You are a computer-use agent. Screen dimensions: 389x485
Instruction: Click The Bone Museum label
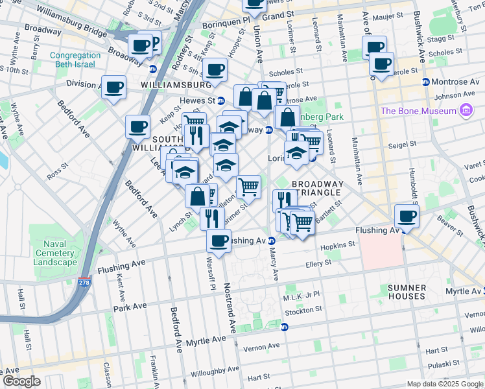pyautogui.click(x=418, y=111)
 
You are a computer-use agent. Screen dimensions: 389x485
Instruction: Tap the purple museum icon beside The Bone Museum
pyautogui.click(x=465, y=111)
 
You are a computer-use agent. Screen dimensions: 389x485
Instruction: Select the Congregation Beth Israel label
pyautogui.click(x=75, y=60)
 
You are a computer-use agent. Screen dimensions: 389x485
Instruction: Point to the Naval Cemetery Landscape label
pyautogui.click(x=54, y=253)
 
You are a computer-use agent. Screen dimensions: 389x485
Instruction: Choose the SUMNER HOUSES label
pyautogui.click(x=406, y=292)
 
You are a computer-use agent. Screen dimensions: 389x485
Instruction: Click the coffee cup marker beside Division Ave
pyautogui.click(x=114, y=87)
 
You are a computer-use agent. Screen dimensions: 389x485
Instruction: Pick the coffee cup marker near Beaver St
pyautogui.click(x=407, y=216)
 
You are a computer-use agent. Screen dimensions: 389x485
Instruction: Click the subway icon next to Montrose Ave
pyautogui.click(x=426, y=82)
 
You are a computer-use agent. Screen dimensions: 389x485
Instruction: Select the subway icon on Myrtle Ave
pyautogui.click(x=284, y=327)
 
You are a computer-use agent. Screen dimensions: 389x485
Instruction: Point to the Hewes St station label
pyautogui.click(x=197, y=100)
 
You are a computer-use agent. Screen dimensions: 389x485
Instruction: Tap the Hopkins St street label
pyautogui.click(x=338, y=245)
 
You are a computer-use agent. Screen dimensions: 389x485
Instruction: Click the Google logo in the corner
pyautogui.click(x=21, y=381)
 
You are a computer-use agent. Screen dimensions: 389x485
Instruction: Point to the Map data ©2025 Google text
pyautogui.click(x=444, y=384)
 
